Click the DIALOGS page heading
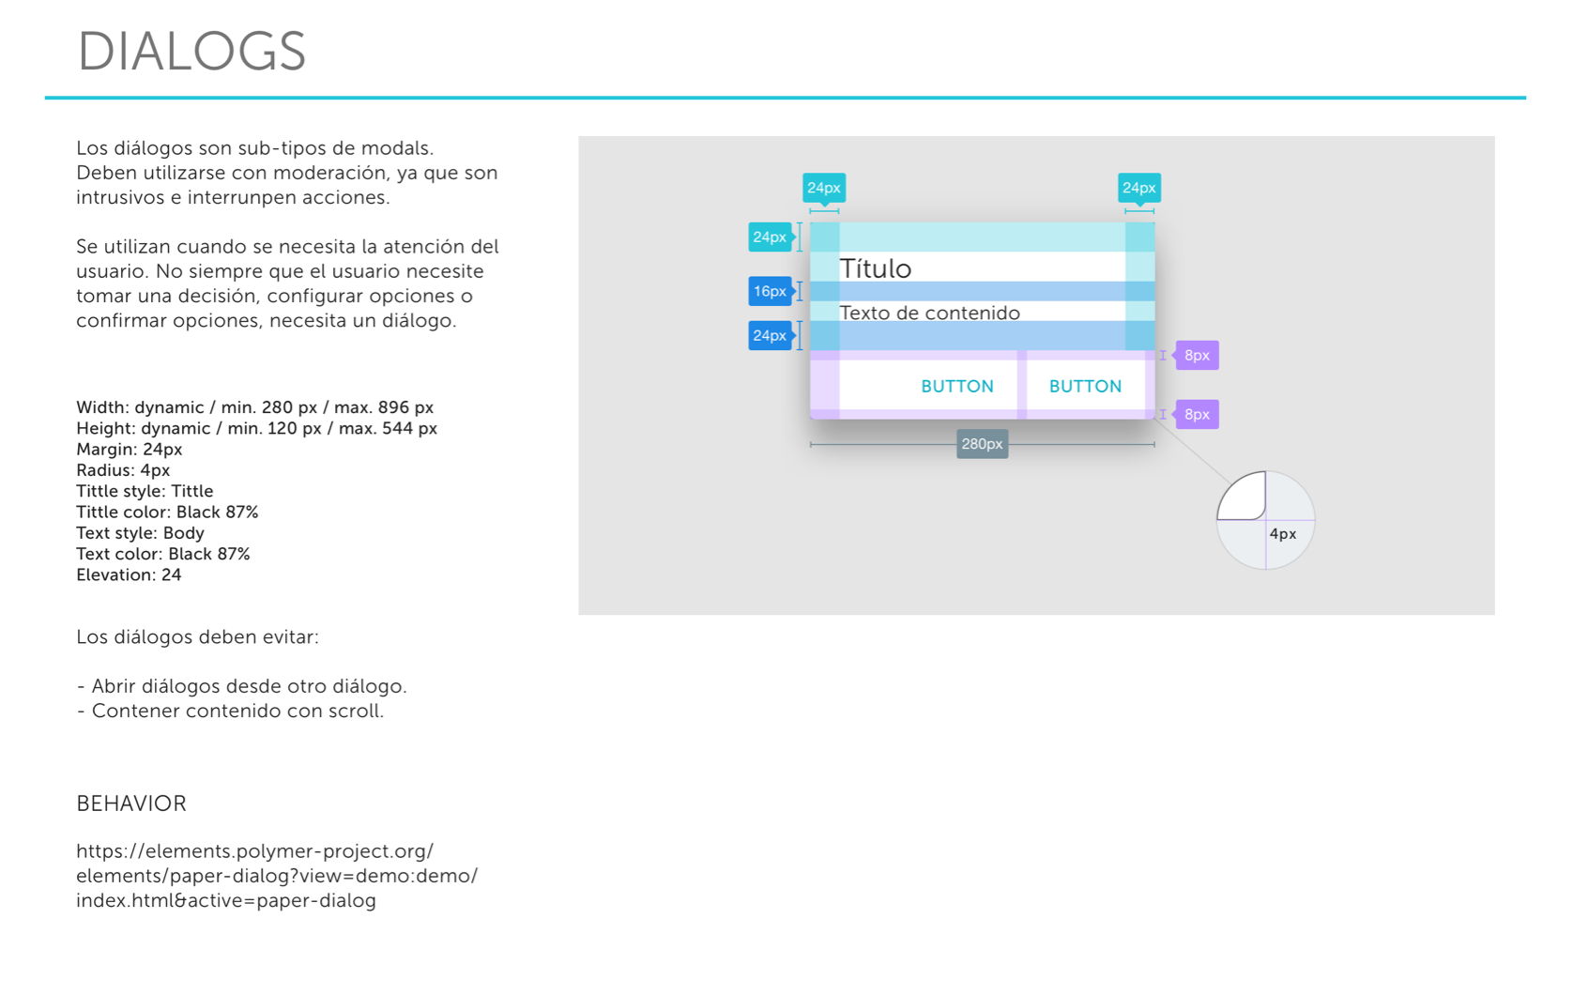click(191, 52)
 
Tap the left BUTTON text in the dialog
click(957, 386)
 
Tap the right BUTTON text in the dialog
click(1086, 386)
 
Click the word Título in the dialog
click(876, 268)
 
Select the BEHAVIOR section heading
click(131, 804)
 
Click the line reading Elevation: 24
click(129, 575)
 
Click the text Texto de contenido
click(930, 314)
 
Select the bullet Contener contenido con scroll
click(230, 711)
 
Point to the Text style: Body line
click(141, 533)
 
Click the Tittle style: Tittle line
click(145, 491)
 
